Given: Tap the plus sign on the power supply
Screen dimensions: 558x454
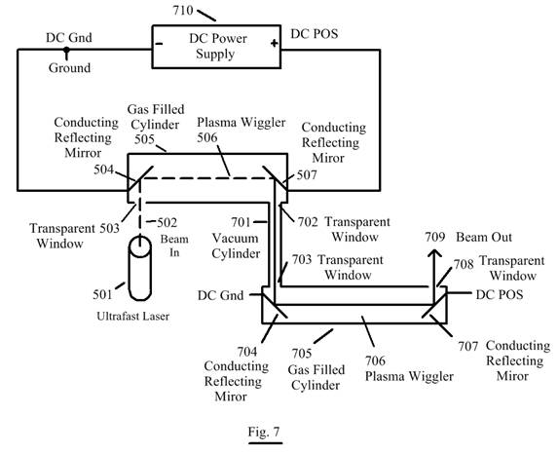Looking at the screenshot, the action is (274, 44).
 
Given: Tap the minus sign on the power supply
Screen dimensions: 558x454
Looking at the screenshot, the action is (159, 44).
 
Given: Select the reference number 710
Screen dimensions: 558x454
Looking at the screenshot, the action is (183, 11).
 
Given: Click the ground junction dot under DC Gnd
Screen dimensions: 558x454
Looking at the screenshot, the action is (66, 50).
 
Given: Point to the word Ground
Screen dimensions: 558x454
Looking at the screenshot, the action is (69, 67).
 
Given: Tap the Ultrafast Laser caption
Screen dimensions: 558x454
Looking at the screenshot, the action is (133, 316).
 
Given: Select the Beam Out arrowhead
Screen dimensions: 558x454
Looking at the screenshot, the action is (434, 253).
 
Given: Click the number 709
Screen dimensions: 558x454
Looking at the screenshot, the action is (435, 237).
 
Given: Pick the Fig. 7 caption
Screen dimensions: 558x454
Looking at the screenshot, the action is (264, 432).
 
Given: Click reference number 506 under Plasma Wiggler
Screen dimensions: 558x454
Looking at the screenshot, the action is (207, 137).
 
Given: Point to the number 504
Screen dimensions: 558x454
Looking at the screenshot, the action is (103, 170).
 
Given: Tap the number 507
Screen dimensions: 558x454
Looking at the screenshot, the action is (307, 174).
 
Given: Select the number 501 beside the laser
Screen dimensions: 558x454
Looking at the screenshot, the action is (102, 294).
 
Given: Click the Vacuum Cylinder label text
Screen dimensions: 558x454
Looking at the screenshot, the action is (236, 246).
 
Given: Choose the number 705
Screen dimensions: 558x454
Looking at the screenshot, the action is (302, 354).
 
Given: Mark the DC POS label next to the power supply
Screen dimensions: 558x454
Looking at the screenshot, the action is (315, 33).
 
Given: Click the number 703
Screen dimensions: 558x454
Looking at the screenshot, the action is (302, 259).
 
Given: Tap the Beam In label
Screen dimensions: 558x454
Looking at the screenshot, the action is (174, 246).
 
